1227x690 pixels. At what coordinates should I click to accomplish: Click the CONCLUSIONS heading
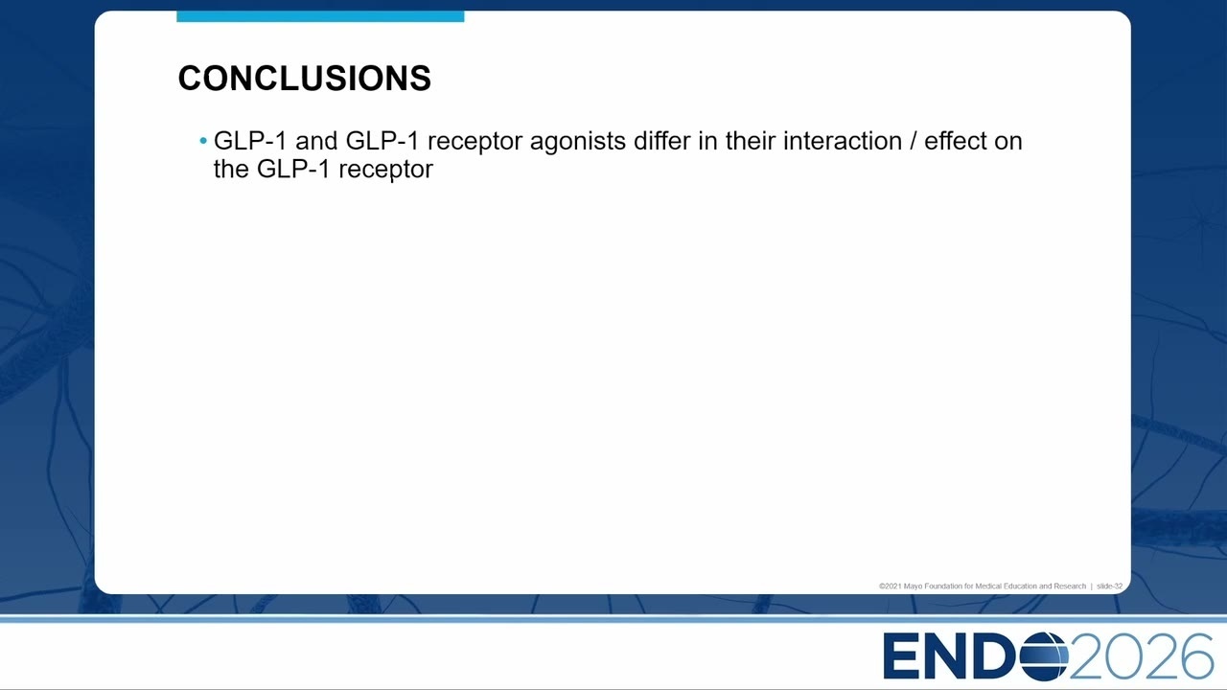point(305,78)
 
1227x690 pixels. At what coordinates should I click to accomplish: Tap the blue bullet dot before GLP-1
point(203,141)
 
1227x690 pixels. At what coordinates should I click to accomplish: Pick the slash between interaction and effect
point(914,141)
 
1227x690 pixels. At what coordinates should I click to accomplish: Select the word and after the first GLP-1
point(316,141)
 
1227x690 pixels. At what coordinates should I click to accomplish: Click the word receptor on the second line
point(385,170)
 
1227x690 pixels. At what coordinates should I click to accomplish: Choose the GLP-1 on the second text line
point(293,169)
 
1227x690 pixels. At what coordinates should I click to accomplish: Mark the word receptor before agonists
point(475,143)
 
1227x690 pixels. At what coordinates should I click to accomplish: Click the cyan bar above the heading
point(320,16)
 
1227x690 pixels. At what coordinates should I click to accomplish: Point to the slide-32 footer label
point(1109,586)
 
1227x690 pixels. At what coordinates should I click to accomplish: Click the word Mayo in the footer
point(913,586)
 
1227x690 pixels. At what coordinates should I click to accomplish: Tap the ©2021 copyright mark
point(891,586)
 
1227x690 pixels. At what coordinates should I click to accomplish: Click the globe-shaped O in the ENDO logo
point(1044,655)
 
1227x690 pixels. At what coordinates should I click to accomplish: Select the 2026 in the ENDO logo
point(1142,655)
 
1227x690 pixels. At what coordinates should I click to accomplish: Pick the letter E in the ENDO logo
point(902,655)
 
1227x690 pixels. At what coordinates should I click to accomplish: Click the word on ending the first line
point(1007,142)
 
